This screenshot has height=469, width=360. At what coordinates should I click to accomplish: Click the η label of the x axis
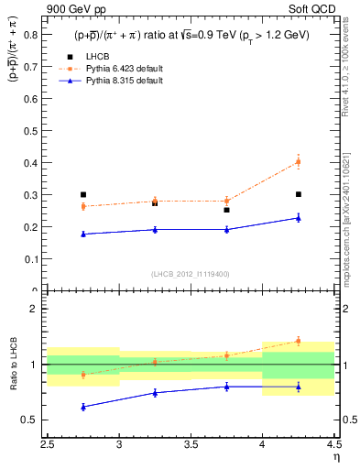335,456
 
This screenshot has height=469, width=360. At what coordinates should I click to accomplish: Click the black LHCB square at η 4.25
299,194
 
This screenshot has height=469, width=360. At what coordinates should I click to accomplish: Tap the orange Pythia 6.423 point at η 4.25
299,162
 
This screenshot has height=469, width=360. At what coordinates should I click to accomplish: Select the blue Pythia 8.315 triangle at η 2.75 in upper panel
83,234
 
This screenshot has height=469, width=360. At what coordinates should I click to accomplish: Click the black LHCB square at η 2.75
83,194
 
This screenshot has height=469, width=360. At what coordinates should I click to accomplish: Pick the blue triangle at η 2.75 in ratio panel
83,407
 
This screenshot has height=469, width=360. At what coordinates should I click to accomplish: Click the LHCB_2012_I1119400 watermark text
191,274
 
